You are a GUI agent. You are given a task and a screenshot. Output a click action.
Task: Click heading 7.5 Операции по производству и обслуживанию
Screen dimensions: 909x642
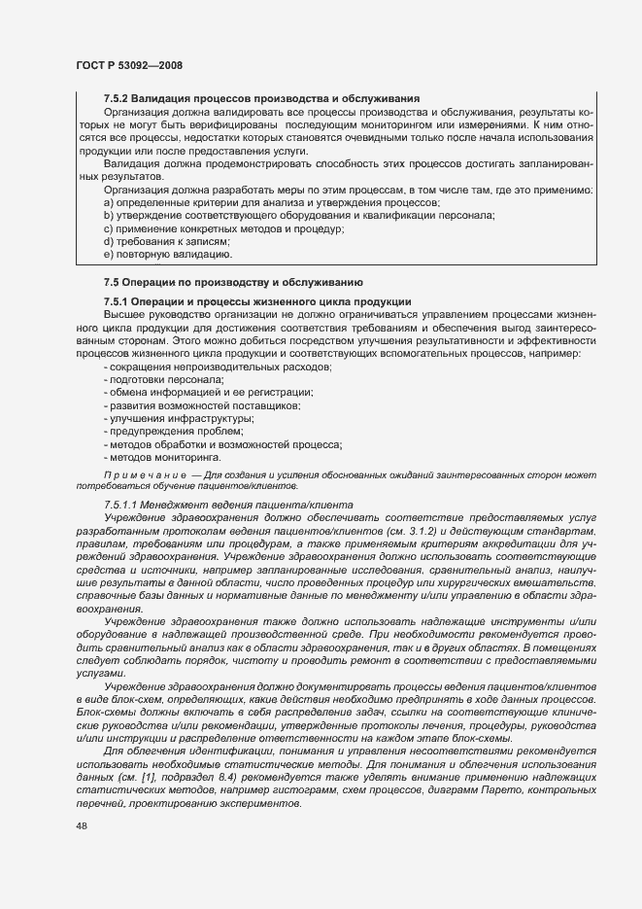[x=233, y=282]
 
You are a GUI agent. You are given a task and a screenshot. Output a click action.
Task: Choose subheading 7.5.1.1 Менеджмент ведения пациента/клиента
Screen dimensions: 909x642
[x=228, y=505]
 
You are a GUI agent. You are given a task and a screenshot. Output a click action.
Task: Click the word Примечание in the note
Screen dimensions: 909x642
[x=143, y=474]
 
